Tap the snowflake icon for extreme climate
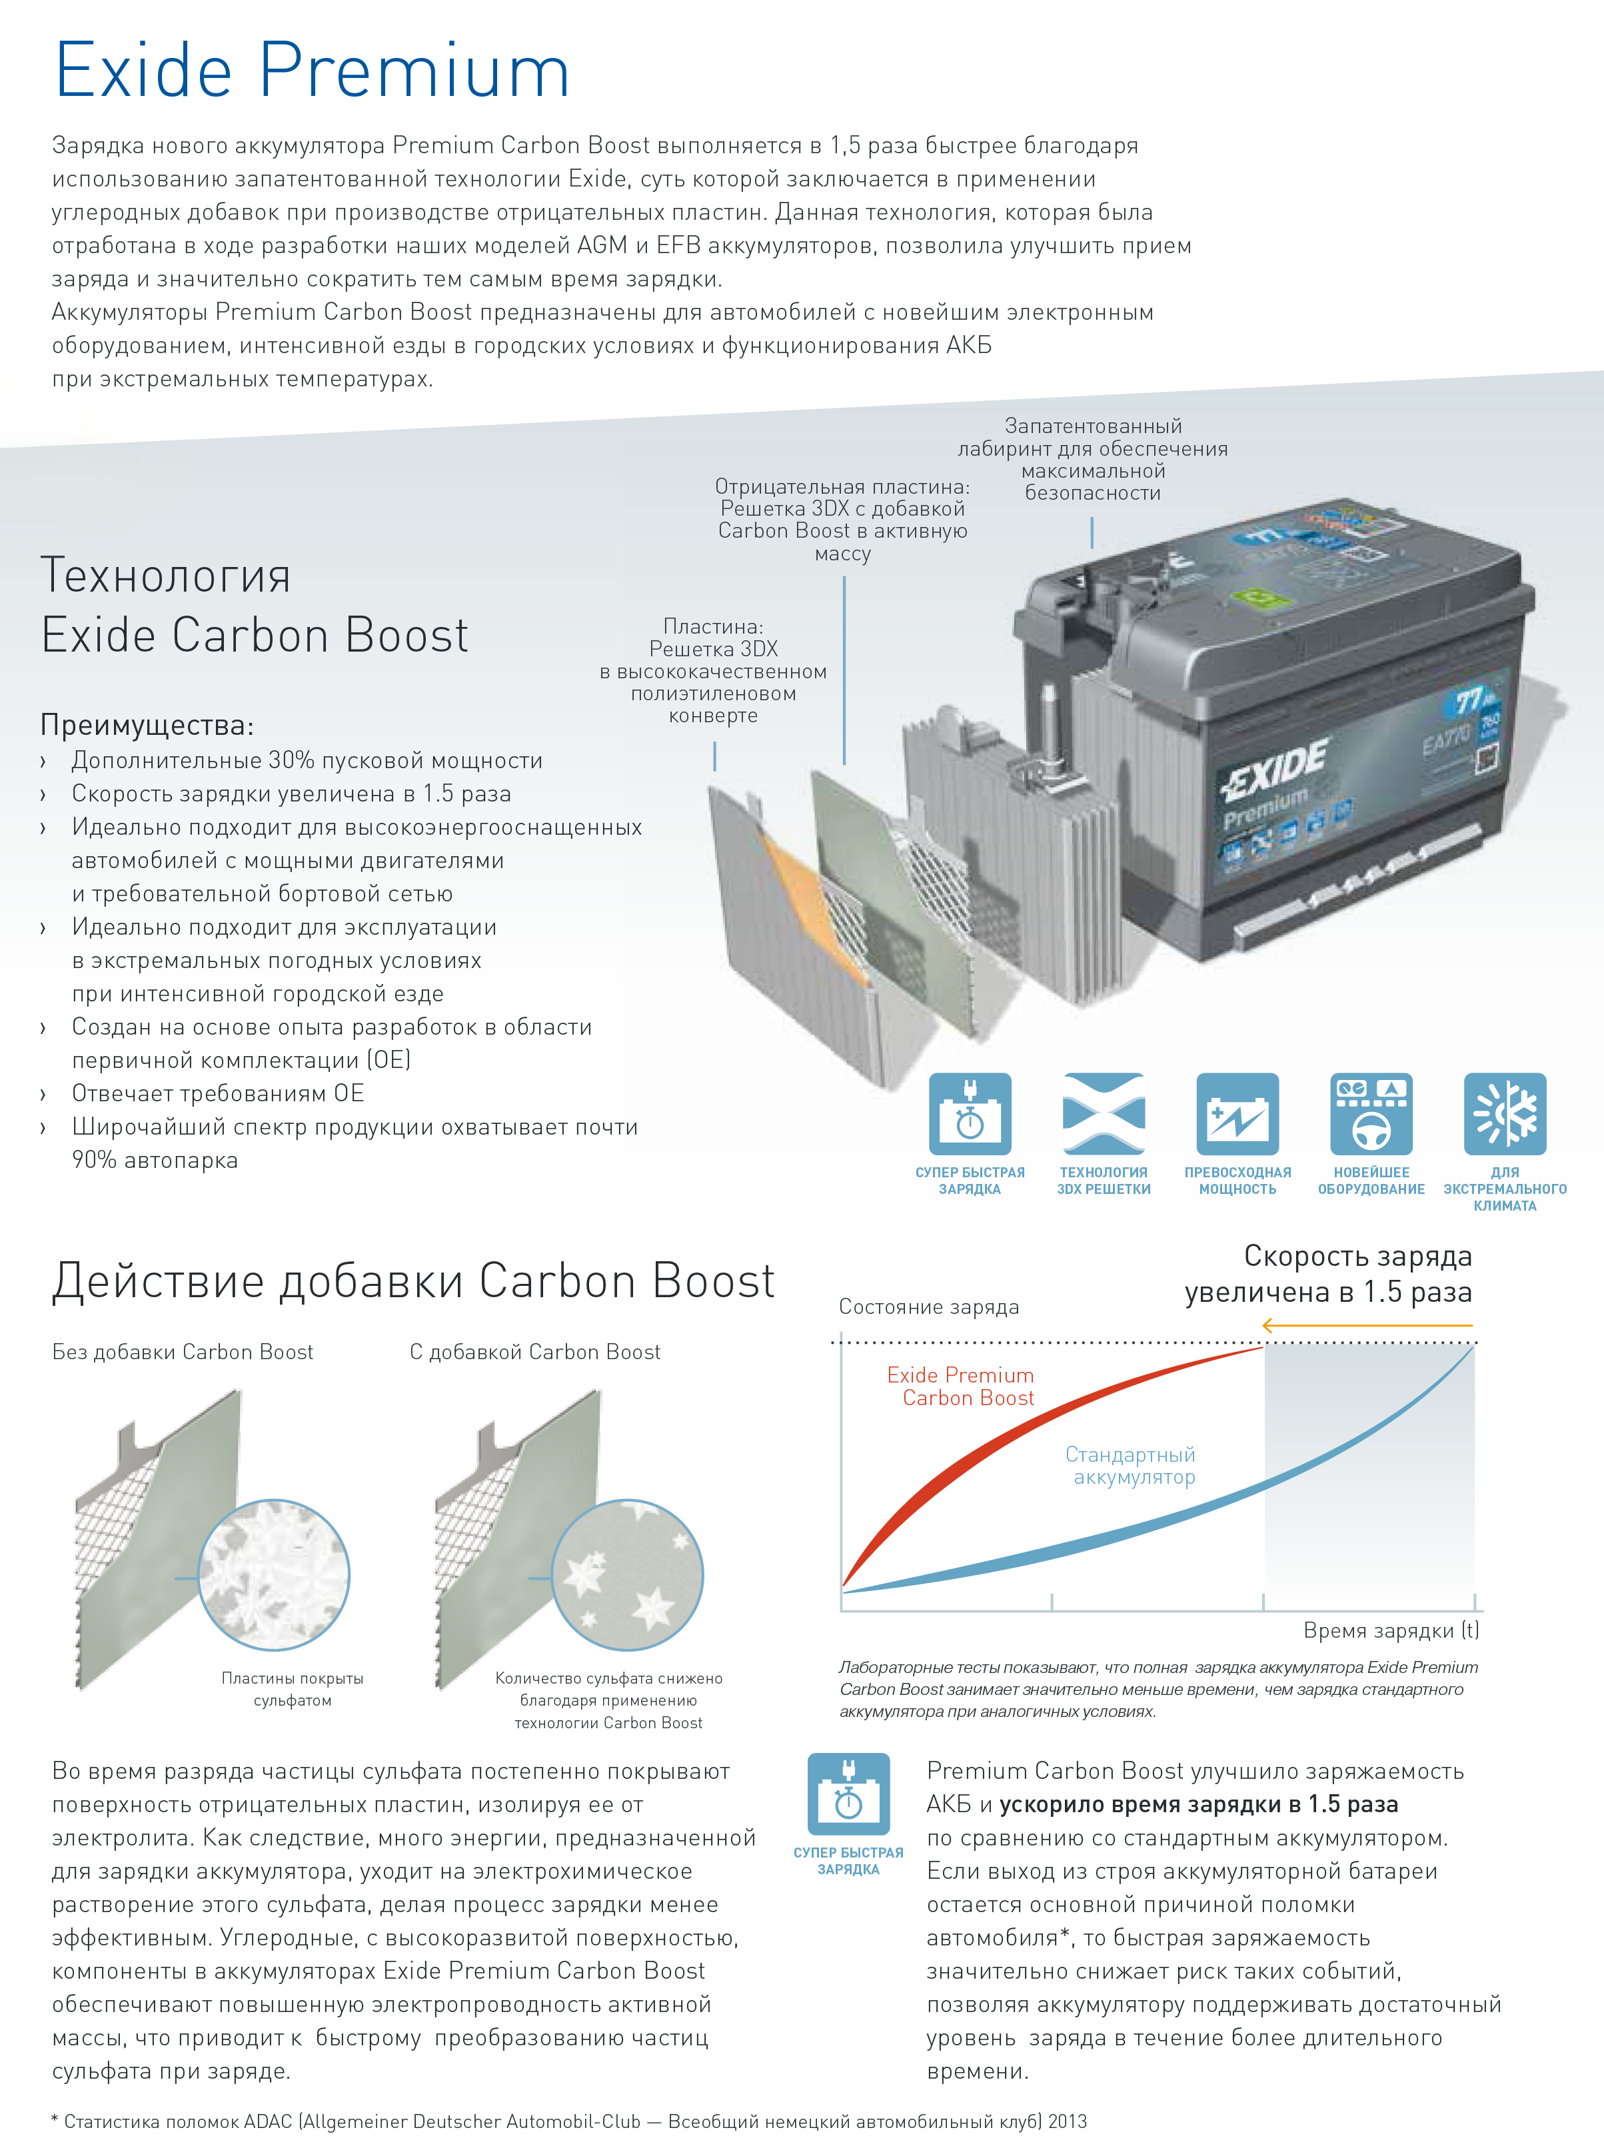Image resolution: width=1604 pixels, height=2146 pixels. (x=1504, y=1114)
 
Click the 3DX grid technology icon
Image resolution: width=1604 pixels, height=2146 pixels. (x=1104, y=1114)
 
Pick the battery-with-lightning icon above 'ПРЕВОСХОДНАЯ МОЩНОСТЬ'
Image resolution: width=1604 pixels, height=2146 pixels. (x=1237, y=1114)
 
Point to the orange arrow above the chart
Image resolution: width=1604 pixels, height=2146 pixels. (x=1367, y=1325)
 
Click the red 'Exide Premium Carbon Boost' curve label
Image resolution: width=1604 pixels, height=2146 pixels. (x=961, y=1386)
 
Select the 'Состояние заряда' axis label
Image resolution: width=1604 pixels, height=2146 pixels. (x=929, y=1307)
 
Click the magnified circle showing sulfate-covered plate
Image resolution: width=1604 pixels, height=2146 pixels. (x=274, y=1574)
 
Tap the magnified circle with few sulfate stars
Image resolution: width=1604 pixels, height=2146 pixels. (x=628, y=1574)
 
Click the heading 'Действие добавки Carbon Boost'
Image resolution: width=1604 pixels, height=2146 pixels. (x=413, y=1281)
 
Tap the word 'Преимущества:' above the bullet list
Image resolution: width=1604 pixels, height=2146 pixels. (x=147, y=725)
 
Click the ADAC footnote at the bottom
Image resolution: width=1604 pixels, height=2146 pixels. (x=568, y=2122)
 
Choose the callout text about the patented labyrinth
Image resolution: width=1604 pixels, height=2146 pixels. (x=1093, y=459)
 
